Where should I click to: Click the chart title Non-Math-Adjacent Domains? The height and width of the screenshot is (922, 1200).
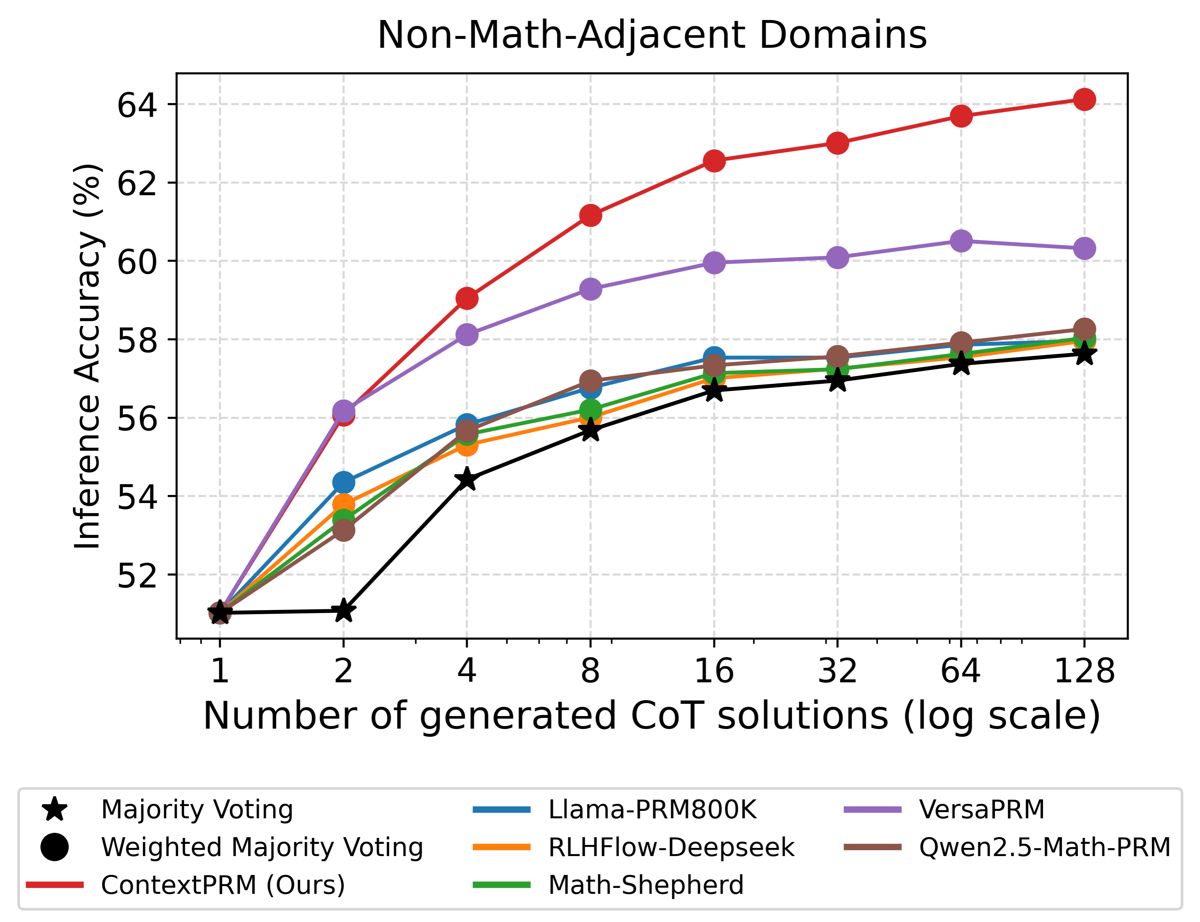pos(651,35)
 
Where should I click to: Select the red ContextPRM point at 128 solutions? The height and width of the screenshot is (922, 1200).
pos(1084,99)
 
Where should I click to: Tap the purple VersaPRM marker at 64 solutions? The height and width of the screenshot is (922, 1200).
pos(961,240)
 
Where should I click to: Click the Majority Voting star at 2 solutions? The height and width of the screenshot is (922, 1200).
pos(343,610)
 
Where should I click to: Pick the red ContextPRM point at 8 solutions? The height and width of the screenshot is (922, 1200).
pos(590,216)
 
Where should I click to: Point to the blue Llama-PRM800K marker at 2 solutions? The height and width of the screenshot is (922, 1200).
pos(343,482)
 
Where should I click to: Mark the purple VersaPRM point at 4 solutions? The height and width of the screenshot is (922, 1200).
pos(467,334)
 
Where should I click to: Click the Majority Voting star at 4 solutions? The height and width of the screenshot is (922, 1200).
pos(467,479)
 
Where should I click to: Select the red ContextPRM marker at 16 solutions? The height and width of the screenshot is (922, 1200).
pos(714,161)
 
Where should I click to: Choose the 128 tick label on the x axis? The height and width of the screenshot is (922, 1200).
pos(1084,670)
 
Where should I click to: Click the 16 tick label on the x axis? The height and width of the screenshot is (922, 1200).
pos(714,670)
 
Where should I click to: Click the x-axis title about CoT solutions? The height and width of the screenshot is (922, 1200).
pos(651,716)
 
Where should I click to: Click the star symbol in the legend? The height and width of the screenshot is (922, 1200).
pos(55,809)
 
